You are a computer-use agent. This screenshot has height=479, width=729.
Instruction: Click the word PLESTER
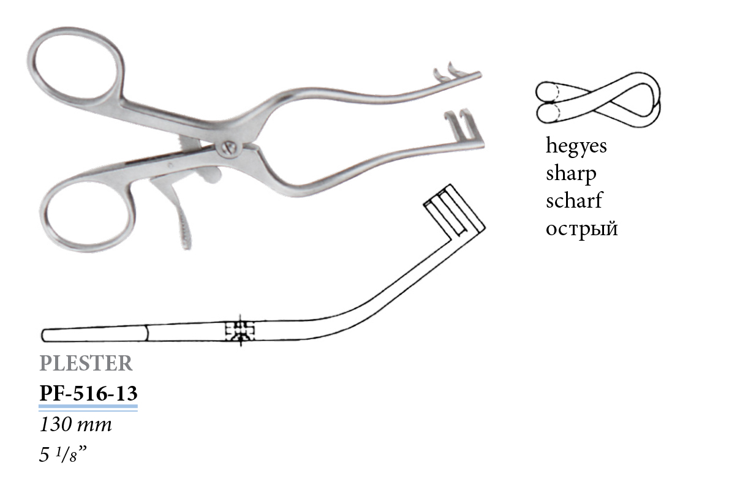coord(86,363)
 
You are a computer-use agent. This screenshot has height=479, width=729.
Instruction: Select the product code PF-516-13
coord(88,392)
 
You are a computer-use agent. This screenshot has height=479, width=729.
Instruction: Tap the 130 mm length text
coord(75,424)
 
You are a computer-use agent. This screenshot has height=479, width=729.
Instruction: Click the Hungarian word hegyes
coord(576,147)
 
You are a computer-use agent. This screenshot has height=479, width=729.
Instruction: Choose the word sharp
coord(571,174)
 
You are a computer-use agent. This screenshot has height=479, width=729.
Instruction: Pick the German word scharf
coord(574,201)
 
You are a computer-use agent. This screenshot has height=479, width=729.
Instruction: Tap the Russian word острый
coord(581,228)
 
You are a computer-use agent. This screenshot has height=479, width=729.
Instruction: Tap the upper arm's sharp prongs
coord(445,72)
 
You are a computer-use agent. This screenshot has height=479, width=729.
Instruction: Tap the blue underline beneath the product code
coord(88,405)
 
